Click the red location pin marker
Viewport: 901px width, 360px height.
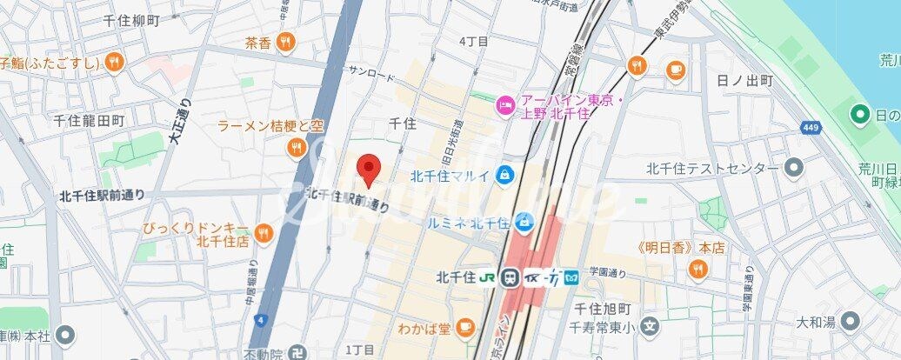click(370, 170)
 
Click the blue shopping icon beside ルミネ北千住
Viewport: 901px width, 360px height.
click(524, 223)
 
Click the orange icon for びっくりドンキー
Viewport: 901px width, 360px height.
click(262, 233)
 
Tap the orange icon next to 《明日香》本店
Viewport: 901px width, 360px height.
click(697, 270)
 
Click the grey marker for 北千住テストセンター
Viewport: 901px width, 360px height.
click(792, 168)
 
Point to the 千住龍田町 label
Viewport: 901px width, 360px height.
click(90, 120)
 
